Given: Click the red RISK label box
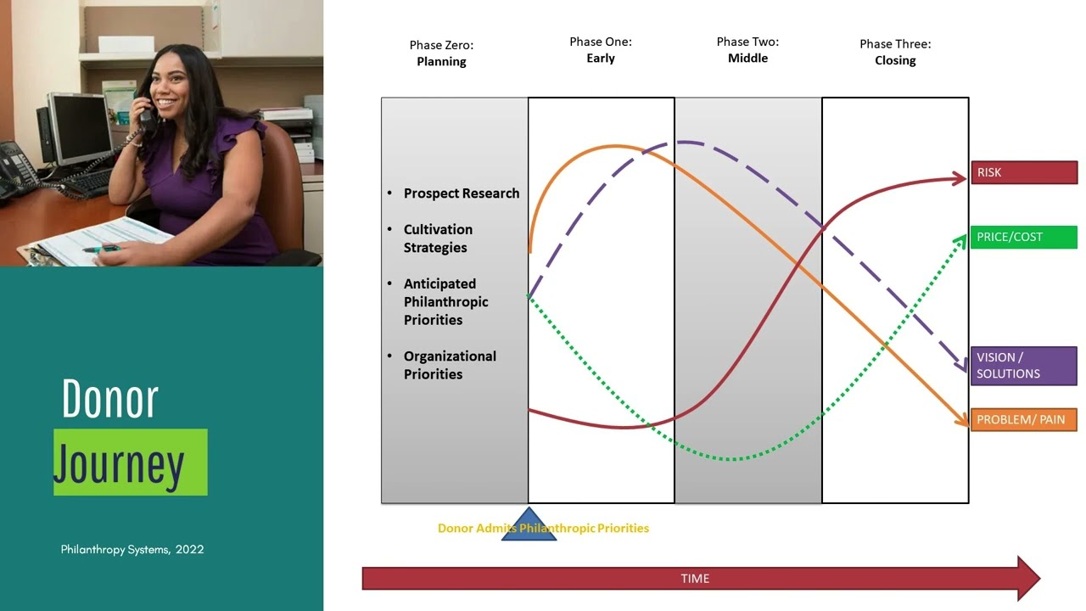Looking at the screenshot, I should [x=1024, y=172].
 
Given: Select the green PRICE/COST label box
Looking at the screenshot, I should [x=1024, y=237].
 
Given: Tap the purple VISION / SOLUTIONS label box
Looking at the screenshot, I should [x=1024, y=366].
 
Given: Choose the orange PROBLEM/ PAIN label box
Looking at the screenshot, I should [x=1024, y=419].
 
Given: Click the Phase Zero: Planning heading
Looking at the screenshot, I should [x=441, y=53].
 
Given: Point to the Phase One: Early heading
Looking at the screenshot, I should [x=601, y=50].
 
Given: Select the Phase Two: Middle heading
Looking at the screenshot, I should [x=747, y=50].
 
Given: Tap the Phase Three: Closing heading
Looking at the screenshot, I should [x=895, y=53].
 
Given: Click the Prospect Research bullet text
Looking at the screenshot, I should [x=461, y=193].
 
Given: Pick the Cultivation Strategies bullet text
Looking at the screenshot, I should [x=438, y=238].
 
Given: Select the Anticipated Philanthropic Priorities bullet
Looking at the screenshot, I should [x=445, y=301].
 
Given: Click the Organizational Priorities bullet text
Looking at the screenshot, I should [x=450, y=365].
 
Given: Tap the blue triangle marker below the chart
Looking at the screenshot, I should [x=529, y=527].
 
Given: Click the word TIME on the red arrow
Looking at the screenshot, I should [x=695, y=579].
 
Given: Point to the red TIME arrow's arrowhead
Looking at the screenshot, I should [x=1027, y=579].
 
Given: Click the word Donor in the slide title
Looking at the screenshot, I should [x=110, y=399].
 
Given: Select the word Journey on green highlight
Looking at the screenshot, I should [x=120, y=463].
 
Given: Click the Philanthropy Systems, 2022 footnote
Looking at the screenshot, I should [x=132, y=549].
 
